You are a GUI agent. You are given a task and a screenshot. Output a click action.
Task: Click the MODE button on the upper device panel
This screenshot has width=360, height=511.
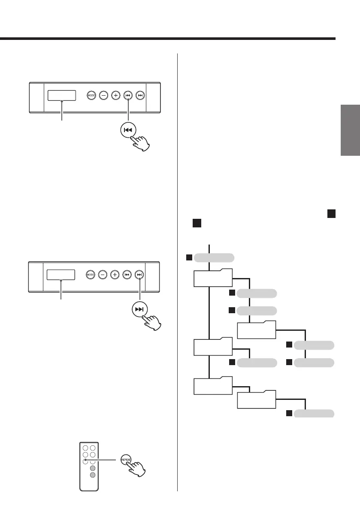click(x=91, y=96)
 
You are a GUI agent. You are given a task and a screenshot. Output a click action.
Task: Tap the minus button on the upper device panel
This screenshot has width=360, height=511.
click(x=103, y=96)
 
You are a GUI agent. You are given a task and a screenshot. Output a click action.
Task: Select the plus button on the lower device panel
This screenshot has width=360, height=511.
click(x=115, y=274)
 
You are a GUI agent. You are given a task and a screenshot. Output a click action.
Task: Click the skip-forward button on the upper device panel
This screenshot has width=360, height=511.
click(x=140, y=96)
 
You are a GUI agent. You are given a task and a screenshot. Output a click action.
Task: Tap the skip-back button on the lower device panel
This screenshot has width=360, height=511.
click(x=127, y=274)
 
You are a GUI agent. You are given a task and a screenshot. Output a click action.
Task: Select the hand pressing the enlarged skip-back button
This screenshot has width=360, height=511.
click(x=143, y=142)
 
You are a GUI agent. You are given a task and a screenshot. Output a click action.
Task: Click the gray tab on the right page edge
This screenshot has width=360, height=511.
click(x=350, y=130)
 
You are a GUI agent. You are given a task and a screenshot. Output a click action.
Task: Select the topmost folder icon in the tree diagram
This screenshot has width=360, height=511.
click(x=213, y=278)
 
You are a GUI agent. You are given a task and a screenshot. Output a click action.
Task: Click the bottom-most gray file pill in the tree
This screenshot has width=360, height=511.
click(x=314, y=413)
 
